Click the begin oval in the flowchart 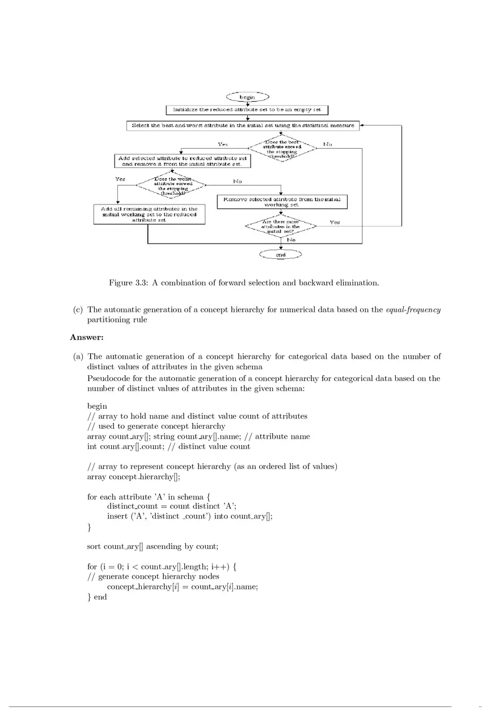247,97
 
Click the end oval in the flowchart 281,255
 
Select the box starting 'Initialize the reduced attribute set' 247,110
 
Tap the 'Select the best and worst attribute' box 242,125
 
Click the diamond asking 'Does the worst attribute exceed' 170,185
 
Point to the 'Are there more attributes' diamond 281,226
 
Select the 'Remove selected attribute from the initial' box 282,202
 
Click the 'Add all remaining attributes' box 149,215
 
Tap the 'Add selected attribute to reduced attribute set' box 182,161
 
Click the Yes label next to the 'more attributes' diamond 335,223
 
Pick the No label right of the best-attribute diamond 327,144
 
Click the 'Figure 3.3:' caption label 128,283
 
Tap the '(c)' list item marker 78,310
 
